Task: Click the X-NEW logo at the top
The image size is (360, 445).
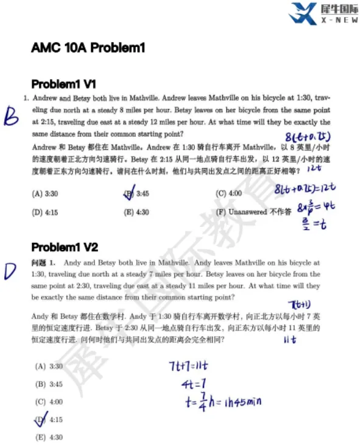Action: tap(320, 14)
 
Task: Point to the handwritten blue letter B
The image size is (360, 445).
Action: tap(11, 115)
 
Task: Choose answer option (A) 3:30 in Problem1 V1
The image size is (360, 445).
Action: tap(46, 194)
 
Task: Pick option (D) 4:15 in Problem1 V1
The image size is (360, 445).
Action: tap(46, 212)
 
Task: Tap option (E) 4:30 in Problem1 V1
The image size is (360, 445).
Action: tap(136, 212)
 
